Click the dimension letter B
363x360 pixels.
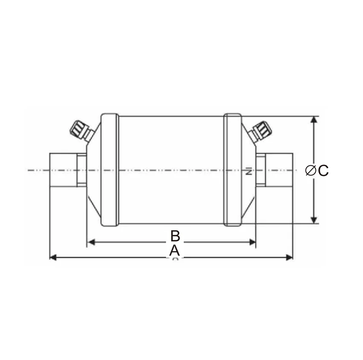[x=174, y=235]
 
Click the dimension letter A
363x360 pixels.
[x=174, y=251]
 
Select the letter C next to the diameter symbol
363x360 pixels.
[x=323, y=170]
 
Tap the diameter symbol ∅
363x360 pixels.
[x=311, y=170]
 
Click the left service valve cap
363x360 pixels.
[x=78, y=128]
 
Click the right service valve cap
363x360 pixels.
[x=263, y=128]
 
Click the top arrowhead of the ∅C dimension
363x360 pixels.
[x=314, y=120]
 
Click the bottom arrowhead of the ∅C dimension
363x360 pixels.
[x=314, y=220]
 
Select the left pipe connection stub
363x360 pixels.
[x=63, y=170]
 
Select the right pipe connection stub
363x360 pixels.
[x=280, y=170]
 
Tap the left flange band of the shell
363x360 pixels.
[x=108, y=170]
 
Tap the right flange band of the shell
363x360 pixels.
[x=233, y=170]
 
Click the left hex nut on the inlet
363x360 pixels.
[x=82, y=170]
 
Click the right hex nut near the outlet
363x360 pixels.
[x=261, y=170]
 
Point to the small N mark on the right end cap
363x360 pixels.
[x=248, y=173]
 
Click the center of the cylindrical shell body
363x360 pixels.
[x=171, y=170]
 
